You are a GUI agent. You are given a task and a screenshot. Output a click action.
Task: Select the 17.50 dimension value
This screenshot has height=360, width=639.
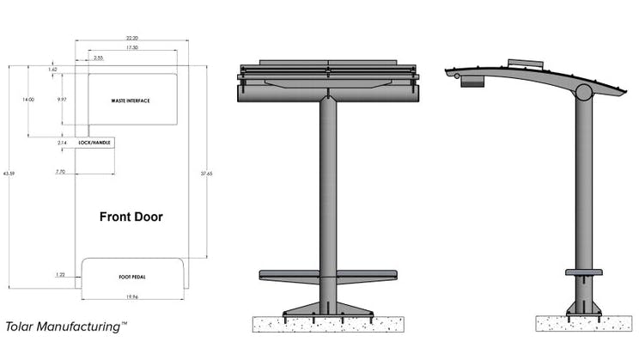point(131,49)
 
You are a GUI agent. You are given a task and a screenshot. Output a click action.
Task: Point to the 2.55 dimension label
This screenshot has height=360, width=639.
point(99,58)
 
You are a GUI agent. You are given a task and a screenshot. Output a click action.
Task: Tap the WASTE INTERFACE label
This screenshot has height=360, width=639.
point(131,101)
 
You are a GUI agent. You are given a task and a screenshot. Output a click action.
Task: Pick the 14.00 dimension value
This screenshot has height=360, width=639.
point(28,101)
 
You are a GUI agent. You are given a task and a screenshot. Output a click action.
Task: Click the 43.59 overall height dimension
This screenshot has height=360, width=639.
point(9,174)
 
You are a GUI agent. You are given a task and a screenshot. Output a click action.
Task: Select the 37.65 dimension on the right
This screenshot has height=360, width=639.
point(206,174)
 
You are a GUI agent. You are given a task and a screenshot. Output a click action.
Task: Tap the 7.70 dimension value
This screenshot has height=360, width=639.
point(60,172)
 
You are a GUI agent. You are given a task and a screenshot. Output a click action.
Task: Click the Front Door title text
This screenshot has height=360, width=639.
point(131,217)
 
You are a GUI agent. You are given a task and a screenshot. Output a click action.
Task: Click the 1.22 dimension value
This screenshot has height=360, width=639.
point(59,275)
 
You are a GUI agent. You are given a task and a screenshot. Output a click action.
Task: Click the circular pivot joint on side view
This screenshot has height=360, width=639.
point(584,92)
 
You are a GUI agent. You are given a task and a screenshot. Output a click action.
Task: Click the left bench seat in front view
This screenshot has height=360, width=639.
point(289,275)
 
